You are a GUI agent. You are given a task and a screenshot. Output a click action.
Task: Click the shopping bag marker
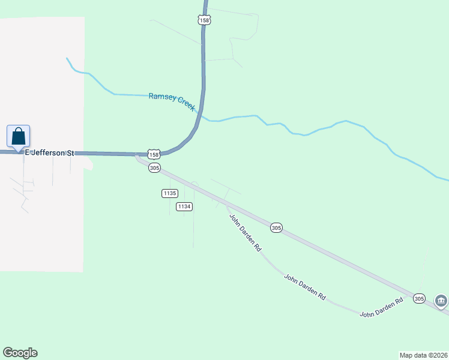pyautogui.click(x=18, y=136)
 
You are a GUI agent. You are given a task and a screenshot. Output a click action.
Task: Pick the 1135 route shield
pyautogui.click(x=169, y=193)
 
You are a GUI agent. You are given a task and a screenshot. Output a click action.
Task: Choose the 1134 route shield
pyautogui.click(x=184, y=206)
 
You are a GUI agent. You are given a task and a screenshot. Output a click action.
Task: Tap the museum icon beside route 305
pyautogui.click(x=441, y=300)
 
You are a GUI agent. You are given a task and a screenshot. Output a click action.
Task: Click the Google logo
pyautogui.click(x=20, y=353)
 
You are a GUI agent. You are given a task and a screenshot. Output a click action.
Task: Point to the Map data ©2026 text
pyautogui.click(x=423, y=355)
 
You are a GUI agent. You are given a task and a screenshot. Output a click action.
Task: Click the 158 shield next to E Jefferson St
pyautogui.click(x=154, y=155)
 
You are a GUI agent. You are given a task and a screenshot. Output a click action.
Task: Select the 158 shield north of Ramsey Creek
pyautogui.click(x=204, y=20)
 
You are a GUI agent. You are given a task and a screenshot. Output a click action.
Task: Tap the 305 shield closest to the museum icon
pyautogui.click(x=419, y=298)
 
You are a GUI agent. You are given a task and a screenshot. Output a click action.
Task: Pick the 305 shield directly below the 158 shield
pyautogui.click(x=154, y=169)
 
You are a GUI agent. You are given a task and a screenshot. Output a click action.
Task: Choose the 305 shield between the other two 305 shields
pyautogui.click(x=276, y=228)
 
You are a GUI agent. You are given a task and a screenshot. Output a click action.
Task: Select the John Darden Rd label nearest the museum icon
pyautogui.click(x=381, y=308)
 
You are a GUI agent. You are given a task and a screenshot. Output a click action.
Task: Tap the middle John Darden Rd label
pyautogui.click(x=305, y=287)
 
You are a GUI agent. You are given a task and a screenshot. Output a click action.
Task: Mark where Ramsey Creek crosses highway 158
pyautogui.click(x=200, y=113)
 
